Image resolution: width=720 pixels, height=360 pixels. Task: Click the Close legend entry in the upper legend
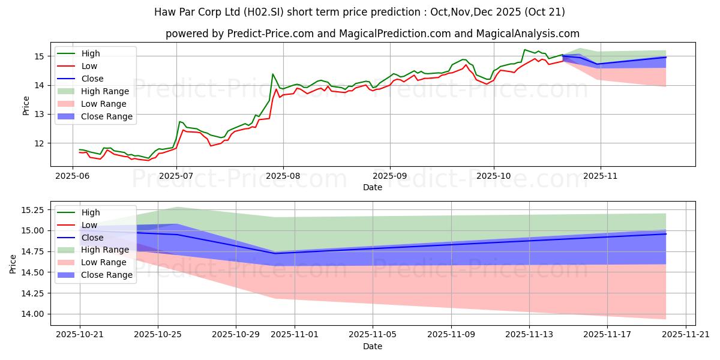click(x=92, y=79)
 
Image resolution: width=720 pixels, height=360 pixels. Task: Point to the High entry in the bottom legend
click(x=91, y=212)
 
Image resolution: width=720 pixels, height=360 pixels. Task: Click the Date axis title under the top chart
click(x=373, y=188)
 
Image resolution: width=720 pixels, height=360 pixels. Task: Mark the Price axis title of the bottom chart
click(x=13, y=263)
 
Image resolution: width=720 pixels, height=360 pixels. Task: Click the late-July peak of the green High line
click(x=272, y=74)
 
